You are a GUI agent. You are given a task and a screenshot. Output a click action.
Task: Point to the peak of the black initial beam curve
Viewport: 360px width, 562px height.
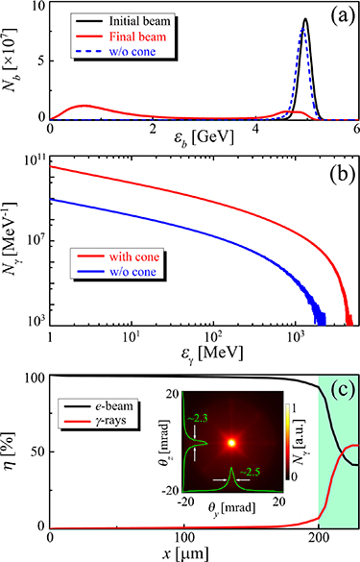click(305, 19)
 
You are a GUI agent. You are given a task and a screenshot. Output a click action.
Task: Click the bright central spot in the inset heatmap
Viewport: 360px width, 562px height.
click(230, 443)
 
